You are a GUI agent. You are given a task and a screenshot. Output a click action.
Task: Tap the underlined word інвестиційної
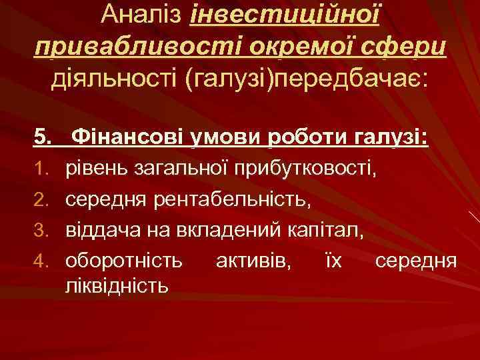(285, 15)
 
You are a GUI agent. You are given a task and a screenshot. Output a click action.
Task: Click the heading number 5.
(43, 139)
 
